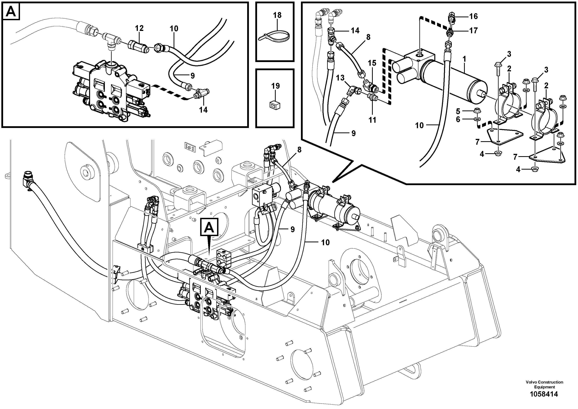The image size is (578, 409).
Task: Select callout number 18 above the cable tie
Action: point(277,15)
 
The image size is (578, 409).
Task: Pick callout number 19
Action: point(275,86)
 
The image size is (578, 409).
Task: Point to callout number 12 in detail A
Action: point(139,28)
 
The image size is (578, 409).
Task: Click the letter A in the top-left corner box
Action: point(11,12)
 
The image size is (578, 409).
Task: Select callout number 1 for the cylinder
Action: point(464,59)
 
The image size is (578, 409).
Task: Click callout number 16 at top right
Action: point(473,16)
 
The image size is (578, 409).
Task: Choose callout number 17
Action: point(473,31)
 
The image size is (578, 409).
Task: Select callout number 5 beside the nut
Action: point(458,111)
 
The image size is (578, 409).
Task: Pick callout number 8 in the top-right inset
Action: point(368,37)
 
